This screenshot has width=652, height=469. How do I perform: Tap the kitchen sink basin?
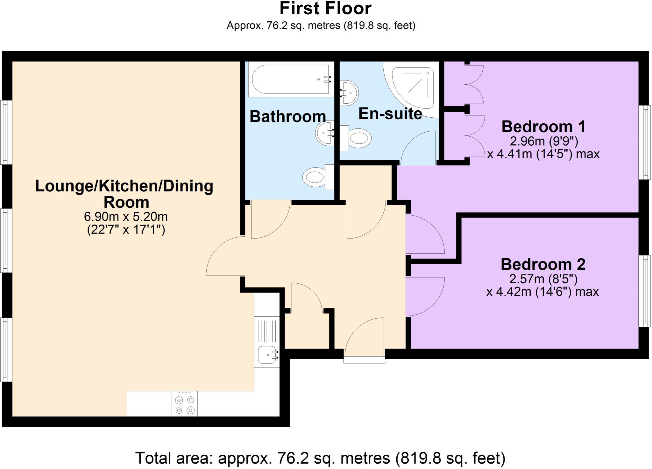tap(266, 355)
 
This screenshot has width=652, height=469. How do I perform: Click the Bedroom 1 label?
tap(543, 127)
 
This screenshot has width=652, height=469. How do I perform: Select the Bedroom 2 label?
tap(543, 265)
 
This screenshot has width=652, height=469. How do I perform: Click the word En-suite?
tap(390, 114)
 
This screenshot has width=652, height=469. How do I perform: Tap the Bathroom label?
tap(287, 117)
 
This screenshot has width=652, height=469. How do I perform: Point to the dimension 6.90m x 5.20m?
tap(126, 217)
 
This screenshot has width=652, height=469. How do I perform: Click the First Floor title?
tap(325, 9)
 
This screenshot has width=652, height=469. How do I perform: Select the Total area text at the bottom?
tap(320, 459)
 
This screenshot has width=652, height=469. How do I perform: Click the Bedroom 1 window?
tap(645, 142)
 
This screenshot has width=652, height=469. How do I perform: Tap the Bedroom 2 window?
tap(645, 291)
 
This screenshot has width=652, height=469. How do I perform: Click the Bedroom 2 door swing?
tap(423, 296)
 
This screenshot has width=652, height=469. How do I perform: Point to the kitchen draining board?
tap(267, 331)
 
